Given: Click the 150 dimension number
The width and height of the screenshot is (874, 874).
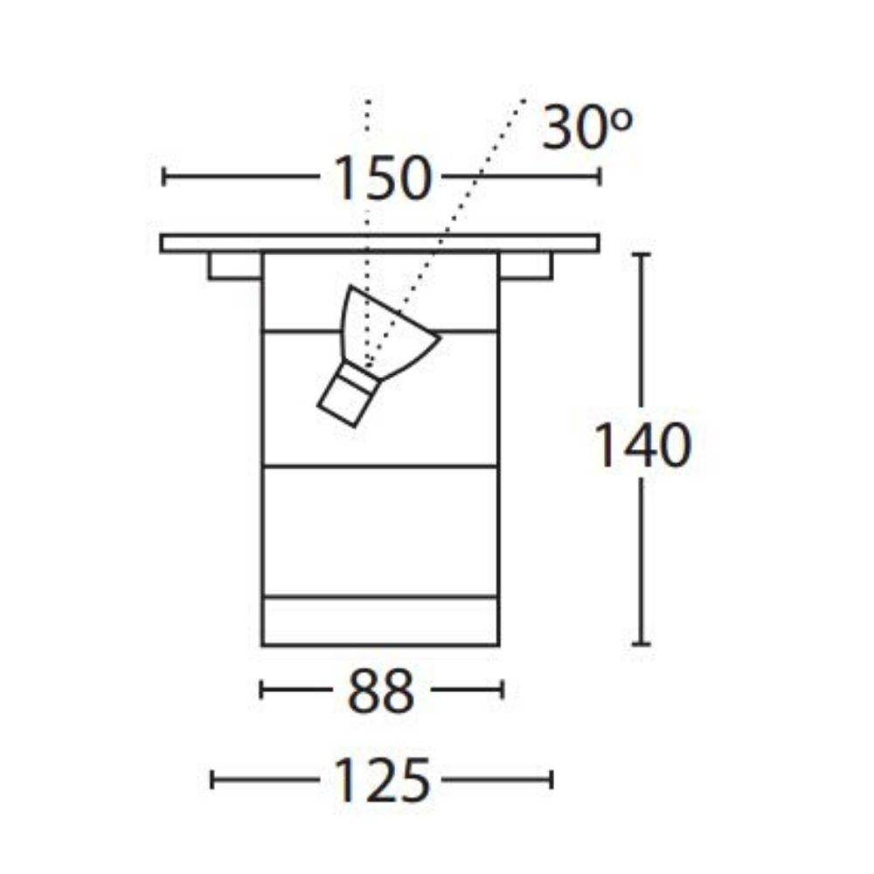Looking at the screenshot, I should click(382, 178).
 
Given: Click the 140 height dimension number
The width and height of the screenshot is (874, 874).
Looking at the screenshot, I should click(643, 447).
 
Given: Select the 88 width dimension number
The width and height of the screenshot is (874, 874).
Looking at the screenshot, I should click(381, 691).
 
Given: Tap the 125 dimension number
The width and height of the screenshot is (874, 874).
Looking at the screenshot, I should click(382, 780).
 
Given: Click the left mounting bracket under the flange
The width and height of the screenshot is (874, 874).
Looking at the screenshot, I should click(234, 266).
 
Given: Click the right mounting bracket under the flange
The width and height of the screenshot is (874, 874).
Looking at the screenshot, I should click(526, 266).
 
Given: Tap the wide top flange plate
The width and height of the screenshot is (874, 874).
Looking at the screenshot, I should click(380, 243).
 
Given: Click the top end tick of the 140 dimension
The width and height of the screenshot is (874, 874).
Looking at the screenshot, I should click(642, 254).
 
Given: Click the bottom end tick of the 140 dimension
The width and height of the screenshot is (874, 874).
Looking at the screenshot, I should click(642, 644).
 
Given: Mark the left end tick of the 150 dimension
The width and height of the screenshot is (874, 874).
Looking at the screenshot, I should click(163, 177).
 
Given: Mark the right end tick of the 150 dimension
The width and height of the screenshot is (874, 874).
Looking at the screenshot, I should click(600, 177).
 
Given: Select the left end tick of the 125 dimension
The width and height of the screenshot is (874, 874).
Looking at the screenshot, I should click(212, 779).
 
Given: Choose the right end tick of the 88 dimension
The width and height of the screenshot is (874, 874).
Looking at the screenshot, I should click(503, 690).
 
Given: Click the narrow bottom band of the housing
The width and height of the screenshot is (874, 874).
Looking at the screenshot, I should click(380, 621).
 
